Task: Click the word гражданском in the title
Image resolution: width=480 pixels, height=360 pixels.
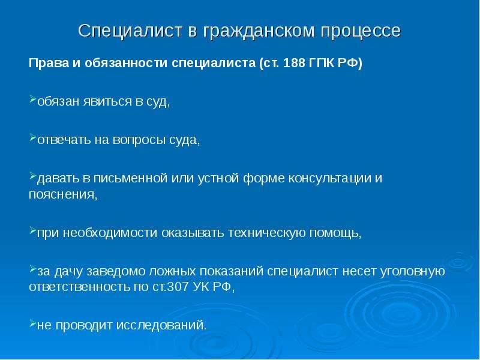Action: tap(258, 32)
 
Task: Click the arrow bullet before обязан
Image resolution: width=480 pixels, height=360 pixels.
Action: tap(33, 99)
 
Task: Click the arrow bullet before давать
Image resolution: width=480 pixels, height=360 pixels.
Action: tap(33, 176)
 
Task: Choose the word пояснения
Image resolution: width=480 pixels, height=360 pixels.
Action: tap(63, 194)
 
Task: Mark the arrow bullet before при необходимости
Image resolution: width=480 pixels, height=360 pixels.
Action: tap(33, 230)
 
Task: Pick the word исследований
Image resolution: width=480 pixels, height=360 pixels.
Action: tap(161, 325)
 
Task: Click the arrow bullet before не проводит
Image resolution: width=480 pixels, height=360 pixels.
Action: tap(33, 323)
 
